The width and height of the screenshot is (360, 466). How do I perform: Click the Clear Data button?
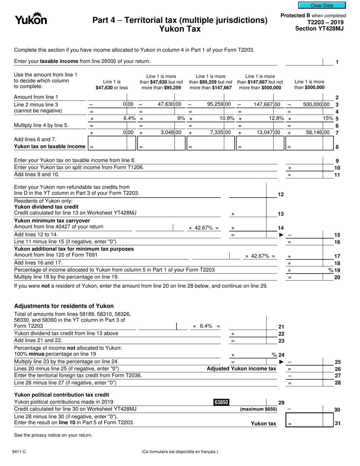322,5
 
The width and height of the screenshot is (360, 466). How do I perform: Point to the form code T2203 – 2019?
325,22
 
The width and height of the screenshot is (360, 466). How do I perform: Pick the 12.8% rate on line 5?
276,119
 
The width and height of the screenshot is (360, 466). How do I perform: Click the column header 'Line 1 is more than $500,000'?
309,84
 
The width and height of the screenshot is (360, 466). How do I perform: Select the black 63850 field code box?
221,402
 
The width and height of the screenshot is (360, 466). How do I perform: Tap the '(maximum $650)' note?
258,409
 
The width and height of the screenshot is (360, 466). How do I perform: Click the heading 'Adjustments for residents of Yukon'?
64,306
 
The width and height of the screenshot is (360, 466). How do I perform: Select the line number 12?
281,194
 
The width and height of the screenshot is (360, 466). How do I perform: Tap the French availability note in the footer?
180,452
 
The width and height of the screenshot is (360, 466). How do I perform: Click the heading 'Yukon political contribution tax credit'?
61,395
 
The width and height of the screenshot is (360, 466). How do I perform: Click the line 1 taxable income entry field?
303,61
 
